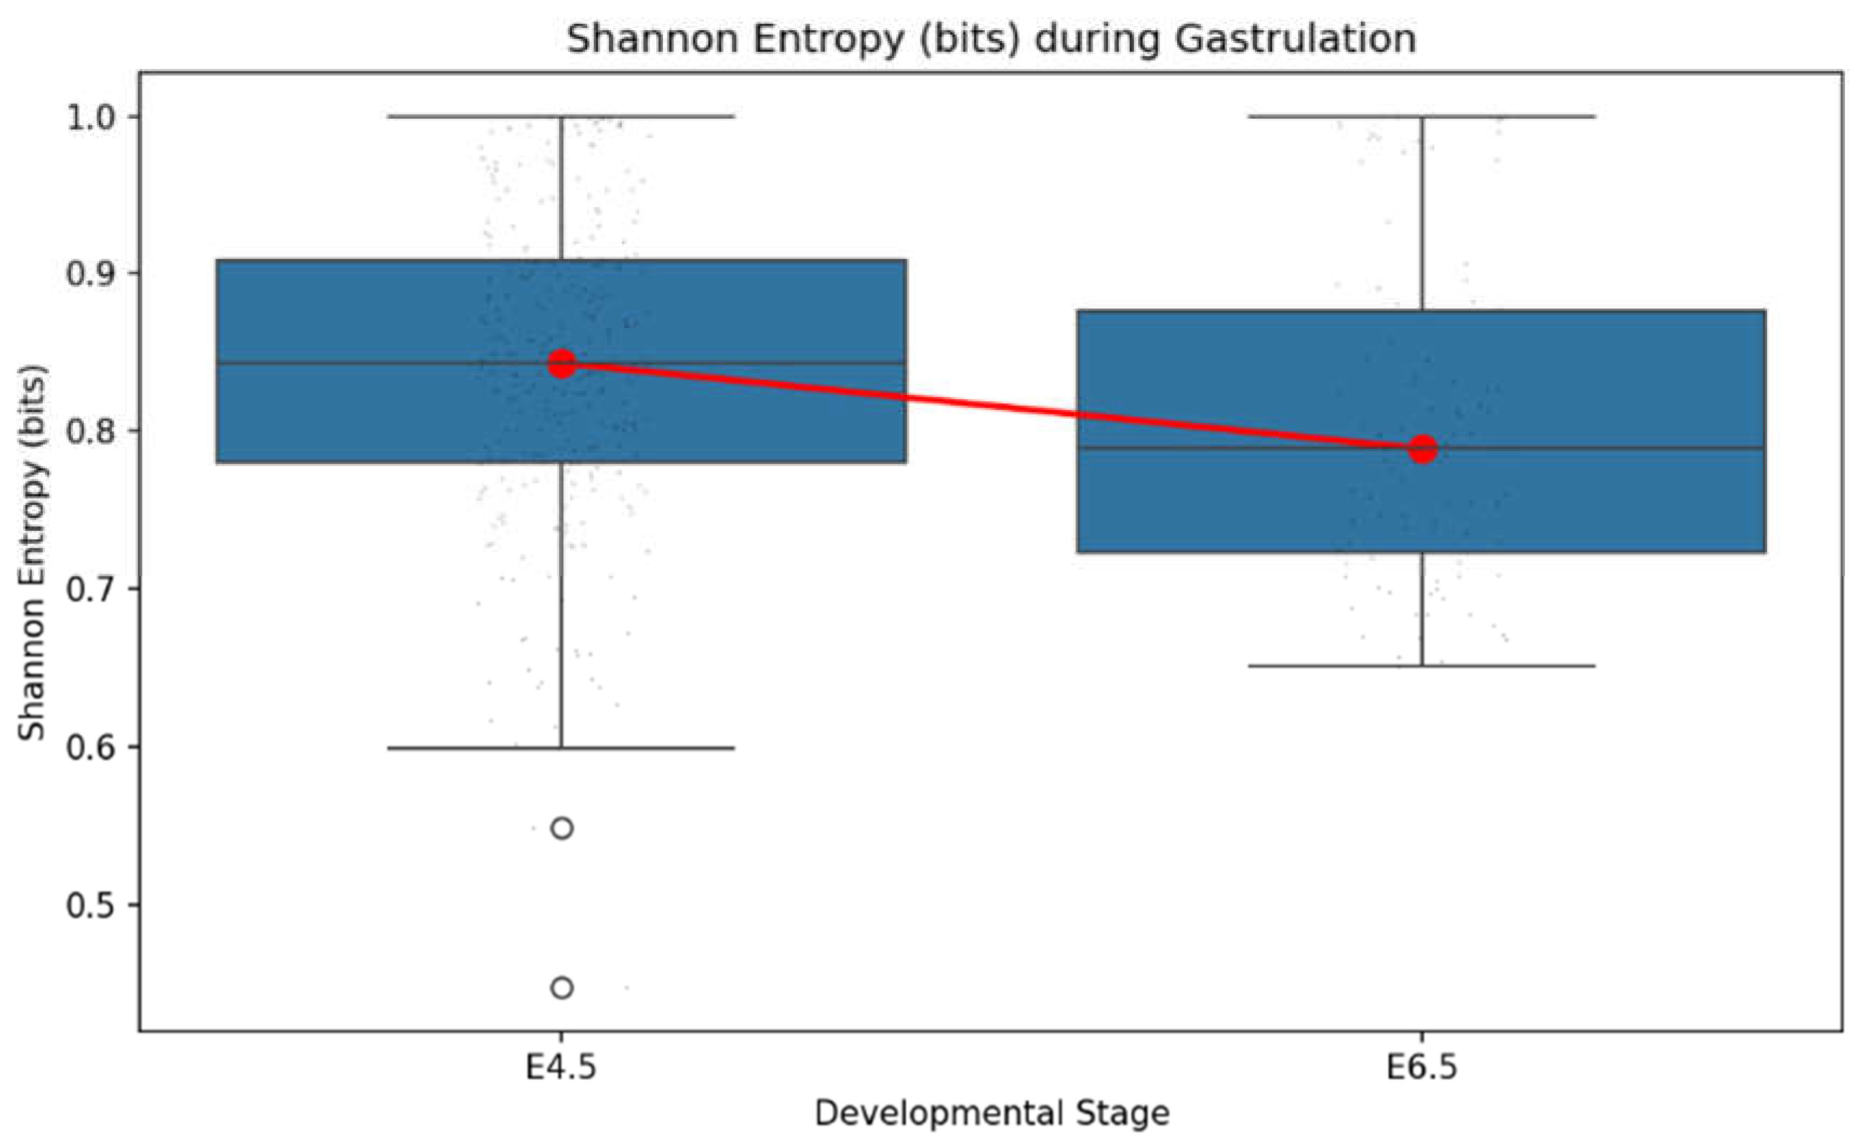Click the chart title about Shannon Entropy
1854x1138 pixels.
click(x=991, y=39)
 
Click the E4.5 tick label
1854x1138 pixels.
click(x=561, y=1068)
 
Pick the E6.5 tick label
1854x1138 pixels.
click(x=1422, y=1068)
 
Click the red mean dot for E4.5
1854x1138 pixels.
click(x=562, y=364)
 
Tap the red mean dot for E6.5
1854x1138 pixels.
click(x=1423, y=449)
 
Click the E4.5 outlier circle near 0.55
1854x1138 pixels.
click(x=562, y=829)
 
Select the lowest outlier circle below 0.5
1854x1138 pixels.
click(x=562, y=987)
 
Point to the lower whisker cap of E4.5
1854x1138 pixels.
click(x=561, y=748)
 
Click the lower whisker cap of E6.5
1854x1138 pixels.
click(x=1422, y=665)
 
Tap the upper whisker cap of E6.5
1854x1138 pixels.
click(x=1422, y=117)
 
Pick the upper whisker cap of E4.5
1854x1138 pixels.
click(x=561, y=117)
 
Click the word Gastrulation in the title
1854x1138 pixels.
click(x=1296, y=39)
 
